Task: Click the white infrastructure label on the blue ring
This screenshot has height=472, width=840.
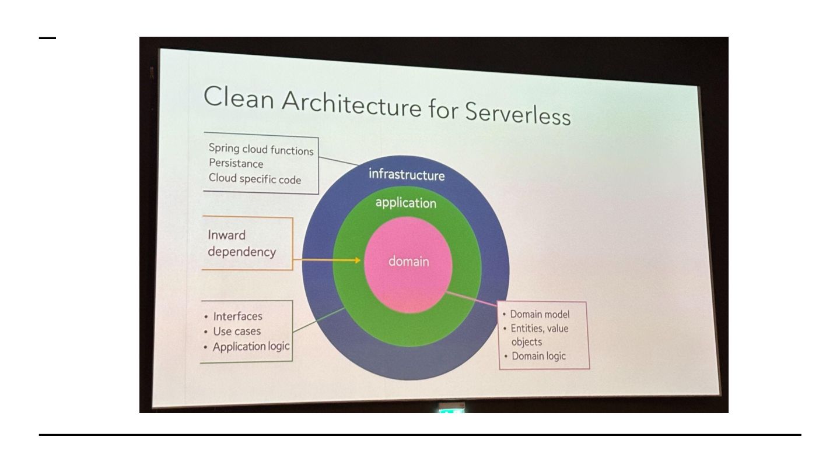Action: pyautogui.click(x=406, y=174)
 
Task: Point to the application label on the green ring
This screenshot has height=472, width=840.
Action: pyautogui.click(x=405, y=203)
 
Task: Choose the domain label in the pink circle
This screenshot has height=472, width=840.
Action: pyautogui.click(x=408, y=261)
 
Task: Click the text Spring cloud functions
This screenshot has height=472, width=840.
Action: pyautogui.click(x=261, y=150)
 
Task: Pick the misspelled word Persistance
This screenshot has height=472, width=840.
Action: pyautogui.click(x=236, y=164)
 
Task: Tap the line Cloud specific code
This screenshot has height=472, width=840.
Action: pyautogui.click(x=255, y=179)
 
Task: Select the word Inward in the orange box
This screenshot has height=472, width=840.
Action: pyautogui.click(x=226, y=235)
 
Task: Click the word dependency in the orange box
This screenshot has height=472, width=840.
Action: pyautogui.click(x=242, y=252)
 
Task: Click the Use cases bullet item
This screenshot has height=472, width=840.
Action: pyautogui.click(x=236, y=332)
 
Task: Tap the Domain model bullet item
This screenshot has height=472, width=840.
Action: pyautogui.click(x=540, y=315)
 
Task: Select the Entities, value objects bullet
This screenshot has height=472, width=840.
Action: pyautogui.click(x=538, y=334)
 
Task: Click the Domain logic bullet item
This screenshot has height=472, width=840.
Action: pyautogui.click(x=538, y=356)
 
